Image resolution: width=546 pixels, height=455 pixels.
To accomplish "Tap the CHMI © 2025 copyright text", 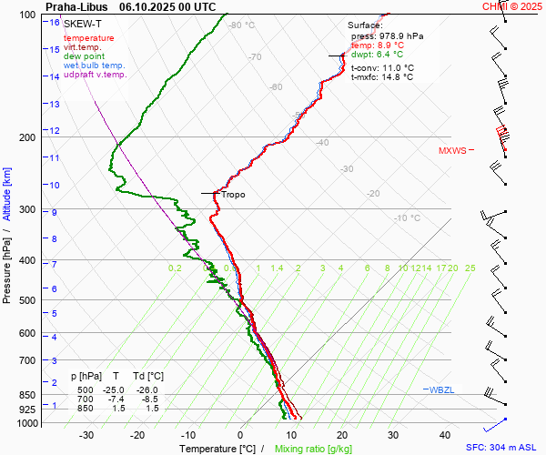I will (512, 6).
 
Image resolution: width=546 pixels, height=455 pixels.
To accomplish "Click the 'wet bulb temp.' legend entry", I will (94, 66).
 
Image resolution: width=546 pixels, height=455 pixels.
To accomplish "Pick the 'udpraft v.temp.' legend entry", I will (96, 75).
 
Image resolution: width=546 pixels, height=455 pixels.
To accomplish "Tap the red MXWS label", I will (451, 151).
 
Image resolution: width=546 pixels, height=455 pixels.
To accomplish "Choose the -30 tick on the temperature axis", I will (87, 435).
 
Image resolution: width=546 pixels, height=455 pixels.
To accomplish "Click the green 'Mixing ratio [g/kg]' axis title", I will (313, 449).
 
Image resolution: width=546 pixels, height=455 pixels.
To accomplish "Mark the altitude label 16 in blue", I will (56, 22).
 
